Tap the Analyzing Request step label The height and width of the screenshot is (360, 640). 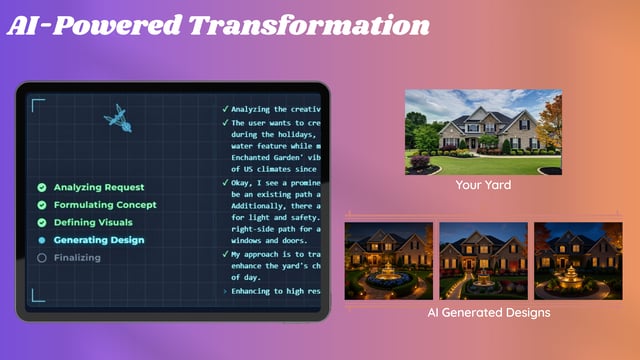(98, 187)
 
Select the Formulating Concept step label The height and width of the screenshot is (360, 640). (105, 205)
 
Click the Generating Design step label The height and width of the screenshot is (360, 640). (98, 240)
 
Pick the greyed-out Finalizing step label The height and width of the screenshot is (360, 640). (77, 258)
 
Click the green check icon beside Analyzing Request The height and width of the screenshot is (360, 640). (41, 187)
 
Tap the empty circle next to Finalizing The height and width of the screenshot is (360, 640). (41, 258)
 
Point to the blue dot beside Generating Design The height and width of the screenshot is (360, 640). (41, 240)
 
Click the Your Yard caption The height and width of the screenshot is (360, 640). (483, 186)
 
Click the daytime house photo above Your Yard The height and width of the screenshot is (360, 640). (483, 131)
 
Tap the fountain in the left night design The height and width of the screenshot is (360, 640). (389, 273)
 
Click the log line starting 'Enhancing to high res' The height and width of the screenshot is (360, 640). (274, 291)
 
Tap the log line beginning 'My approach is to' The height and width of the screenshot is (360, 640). (274, 255)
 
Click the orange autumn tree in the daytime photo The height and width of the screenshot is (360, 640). (548, 124)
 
